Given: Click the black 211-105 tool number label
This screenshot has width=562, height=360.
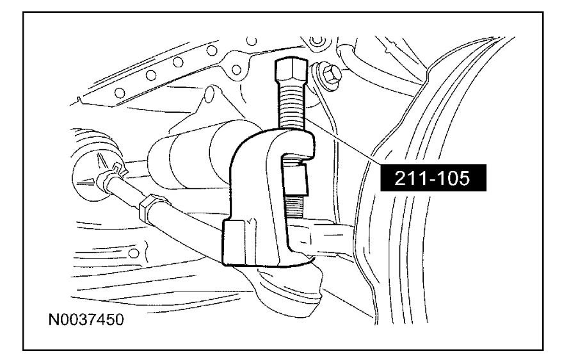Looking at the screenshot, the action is pos(433,178).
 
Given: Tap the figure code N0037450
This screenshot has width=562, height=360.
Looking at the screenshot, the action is pos(86,320).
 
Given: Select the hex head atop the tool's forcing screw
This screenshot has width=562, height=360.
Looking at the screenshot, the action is pos(291,71).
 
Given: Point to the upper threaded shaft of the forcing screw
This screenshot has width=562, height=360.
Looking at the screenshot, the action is pos(291,106).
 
